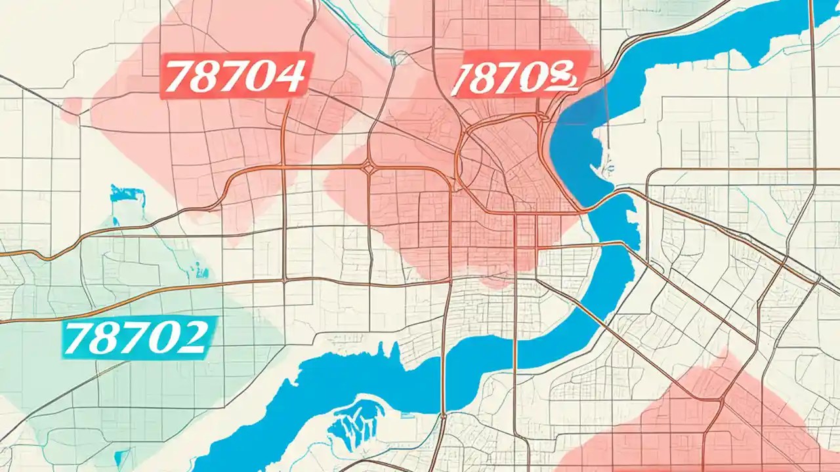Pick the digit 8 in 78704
tap(207, 77)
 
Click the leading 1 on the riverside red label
tap(463, 79)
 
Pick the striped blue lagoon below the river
tap(357, 423)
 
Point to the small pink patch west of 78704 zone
tap(71, 110)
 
